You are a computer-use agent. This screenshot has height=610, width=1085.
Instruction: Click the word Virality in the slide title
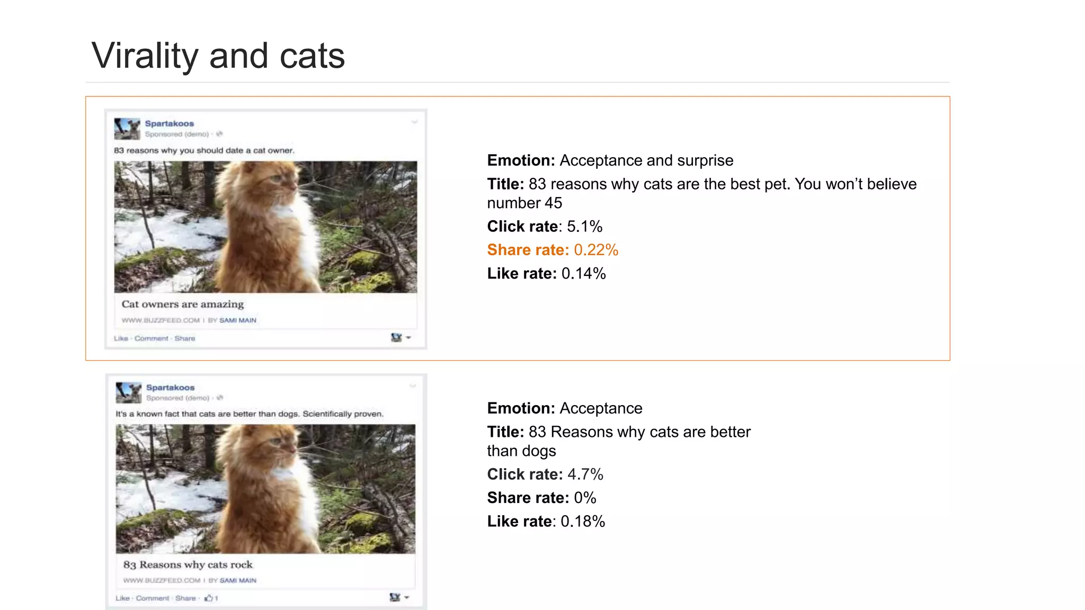145,56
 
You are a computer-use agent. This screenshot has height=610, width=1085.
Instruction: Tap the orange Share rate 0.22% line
553,250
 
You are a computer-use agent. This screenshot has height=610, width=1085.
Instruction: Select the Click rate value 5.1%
584,227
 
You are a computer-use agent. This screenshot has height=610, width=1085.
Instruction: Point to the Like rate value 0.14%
583,274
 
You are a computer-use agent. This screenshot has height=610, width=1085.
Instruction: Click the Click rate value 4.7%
585,474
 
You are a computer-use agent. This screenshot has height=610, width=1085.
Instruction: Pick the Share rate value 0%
585,498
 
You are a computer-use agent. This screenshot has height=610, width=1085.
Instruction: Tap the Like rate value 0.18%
583,522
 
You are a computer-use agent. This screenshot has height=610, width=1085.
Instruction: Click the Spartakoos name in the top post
170,124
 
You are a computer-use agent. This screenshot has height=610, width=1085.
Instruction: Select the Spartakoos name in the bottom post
171,388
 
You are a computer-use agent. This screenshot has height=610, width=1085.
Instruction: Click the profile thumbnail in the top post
127,129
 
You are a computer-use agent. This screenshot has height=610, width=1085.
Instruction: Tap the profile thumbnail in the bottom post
129,392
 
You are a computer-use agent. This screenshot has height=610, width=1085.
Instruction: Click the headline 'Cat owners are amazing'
183,304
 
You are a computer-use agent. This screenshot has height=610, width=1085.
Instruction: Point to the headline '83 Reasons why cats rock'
188,565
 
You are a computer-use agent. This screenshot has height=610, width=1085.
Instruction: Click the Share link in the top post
185,338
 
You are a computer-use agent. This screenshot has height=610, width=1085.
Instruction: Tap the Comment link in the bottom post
153,598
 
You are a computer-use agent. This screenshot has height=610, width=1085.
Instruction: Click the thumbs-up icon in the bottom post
209,598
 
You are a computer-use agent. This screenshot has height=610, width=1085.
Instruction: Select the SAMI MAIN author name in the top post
238,320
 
